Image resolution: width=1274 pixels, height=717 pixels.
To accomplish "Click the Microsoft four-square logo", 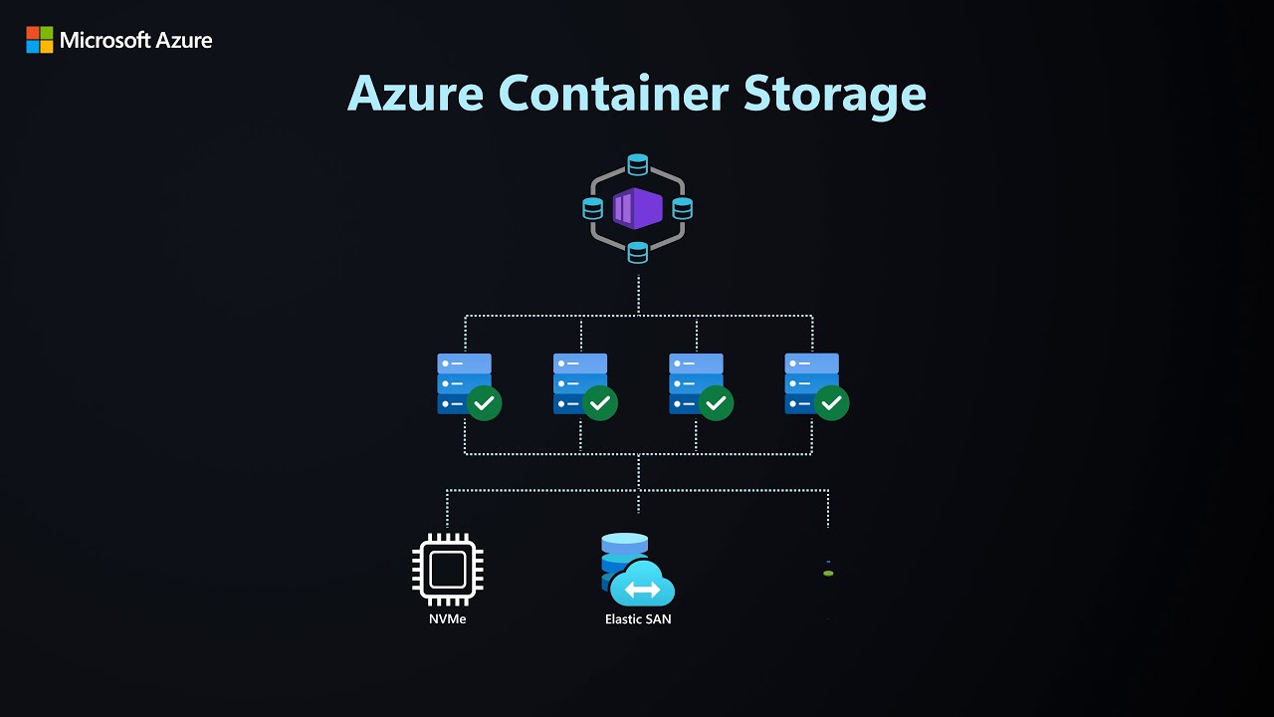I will (40, 40).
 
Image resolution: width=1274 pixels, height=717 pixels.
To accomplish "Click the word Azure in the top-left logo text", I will (180, 41).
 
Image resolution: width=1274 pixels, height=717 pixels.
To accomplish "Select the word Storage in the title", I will (835, 93).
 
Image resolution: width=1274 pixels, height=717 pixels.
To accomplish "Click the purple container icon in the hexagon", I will (637, 209).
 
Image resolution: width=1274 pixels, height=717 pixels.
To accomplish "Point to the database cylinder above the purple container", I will (638, 164).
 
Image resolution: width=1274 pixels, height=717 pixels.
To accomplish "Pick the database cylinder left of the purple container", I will (593, 209).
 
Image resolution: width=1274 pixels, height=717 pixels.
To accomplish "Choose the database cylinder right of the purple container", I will (682, 209).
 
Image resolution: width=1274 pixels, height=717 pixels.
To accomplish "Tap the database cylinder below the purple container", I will (638, 253).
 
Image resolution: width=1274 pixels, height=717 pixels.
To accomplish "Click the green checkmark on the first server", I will (484, 403).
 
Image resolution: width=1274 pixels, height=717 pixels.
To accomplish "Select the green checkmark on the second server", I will (599, 403).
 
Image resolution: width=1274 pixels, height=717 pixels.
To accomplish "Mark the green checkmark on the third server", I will (716, 403).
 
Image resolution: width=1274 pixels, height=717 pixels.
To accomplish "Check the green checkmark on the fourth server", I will (831, 403).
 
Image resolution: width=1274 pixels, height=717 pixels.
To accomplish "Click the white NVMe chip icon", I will (447, 570).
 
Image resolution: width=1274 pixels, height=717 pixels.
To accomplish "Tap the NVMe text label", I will (447, 619).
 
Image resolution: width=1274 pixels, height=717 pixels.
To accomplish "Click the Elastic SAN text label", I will (638, 619).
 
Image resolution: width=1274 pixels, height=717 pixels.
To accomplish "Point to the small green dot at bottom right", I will (828, 574).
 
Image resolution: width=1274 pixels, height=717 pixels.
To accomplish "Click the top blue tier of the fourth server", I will (811, 363).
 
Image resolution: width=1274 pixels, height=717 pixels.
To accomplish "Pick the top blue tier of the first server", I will (464, 363).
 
